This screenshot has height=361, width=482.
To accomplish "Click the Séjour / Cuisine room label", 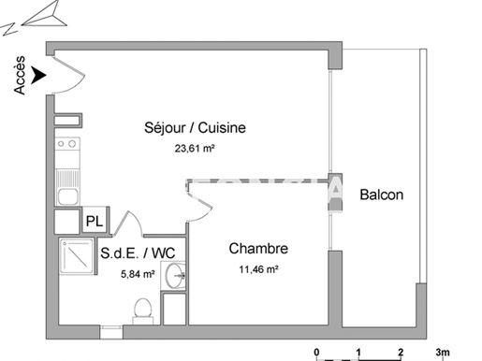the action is (195, 128).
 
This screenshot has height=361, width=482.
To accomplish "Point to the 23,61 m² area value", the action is (195, 149).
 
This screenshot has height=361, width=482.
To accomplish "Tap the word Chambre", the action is (258, 249).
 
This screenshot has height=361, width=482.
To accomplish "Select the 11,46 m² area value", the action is (258, 269).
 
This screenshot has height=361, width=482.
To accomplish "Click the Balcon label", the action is (382, 195).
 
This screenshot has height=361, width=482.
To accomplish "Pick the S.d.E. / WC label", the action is (138, 253).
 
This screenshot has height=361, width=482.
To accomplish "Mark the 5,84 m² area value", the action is (138, 274).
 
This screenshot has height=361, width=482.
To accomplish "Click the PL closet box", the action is (95, 221).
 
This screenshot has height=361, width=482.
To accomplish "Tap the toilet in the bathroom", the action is (143, 311).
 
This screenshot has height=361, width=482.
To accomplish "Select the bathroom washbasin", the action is (173, 275).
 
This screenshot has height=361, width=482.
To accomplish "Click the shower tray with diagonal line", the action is (77, 256).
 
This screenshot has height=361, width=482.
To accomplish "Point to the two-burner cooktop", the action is (67, 144).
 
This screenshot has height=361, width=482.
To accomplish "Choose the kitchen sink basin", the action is (67, 196).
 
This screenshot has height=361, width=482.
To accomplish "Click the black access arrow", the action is (38, 75).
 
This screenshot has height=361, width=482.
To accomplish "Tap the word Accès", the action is (20, 75).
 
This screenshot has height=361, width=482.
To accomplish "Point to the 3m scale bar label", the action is (443, 353).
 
